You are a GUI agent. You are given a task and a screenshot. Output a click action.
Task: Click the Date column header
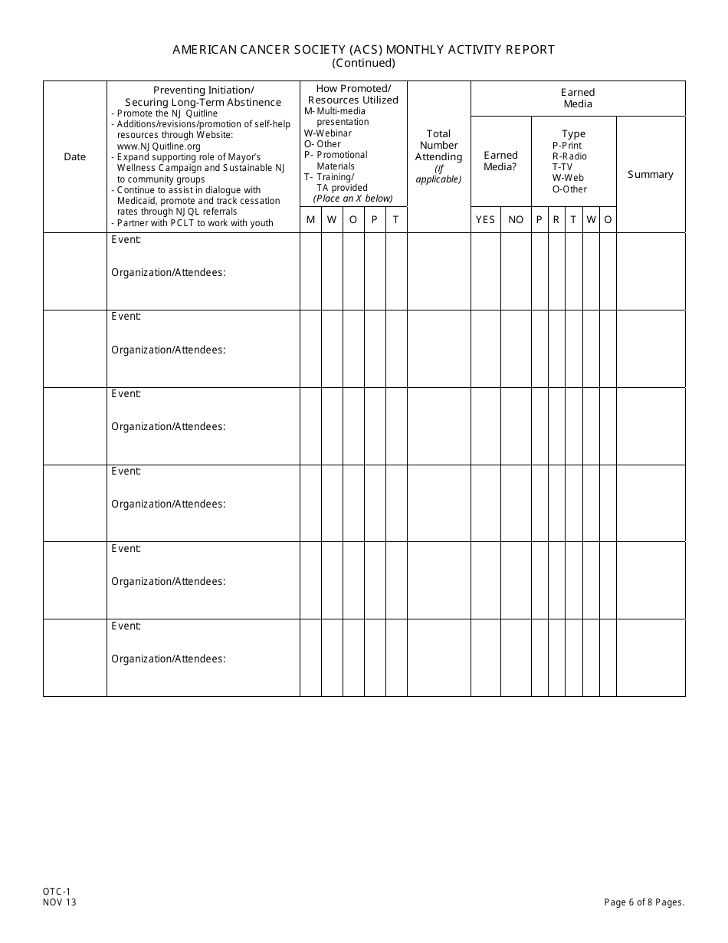pyautogui.click(x=75, y=157)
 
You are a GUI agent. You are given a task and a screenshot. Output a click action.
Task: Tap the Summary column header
pyautogui.click(x=651, y=175)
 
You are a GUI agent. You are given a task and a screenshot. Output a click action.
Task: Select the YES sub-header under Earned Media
pyautogui.click(x=486, y=220)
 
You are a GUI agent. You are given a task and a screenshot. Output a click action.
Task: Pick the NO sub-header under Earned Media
pyautogui.click(x=516, y=220)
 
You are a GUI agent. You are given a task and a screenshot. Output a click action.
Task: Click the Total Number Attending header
pyautogui.click(x=438, y=146)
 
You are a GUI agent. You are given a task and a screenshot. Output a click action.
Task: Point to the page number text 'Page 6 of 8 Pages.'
pyautogui.click(x=644, y=902)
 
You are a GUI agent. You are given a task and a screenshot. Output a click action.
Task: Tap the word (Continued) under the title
pyautogui.click(x=363, y=64)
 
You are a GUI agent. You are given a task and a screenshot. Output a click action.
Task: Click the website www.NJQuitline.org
pyautogui.click(x=159, y=146)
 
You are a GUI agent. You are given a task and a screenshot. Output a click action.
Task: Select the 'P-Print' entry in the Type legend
pyautogui.click(x=567, y=146)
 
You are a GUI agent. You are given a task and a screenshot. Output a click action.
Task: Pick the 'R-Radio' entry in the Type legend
pyautogui.click(x=569, y=156)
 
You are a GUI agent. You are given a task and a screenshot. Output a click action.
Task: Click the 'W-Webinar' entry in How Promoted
pyautogui.click(x=328, y=133)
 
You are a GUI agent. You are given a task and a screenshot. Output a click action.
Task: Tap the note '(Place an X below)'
pyautogui.click(x=353, y=199)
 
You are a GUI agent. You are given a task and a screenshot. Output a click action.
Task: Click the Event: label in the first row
pyautogui.click(x=126, y=239)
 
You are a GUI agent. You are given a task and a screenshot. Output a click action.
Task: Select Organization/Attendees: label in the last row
pyautogui.click(x=169, y=659)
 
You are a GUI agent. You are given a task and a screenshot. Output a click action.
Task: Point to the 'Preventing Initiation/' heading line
pyautogui.click(x=203, y=90)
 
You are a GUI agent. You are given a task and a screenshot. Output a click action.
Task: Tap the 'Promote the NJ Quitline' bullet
pyautogui.click(x=167, y=113)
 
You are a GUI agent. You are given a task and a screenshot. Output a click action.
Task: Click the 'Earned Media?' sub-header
pyautogui.click(x=500, y=161)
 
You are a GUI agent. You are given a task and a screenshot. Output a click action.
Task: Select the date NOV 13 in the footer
pyautogui.click(x=60, y=902)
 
